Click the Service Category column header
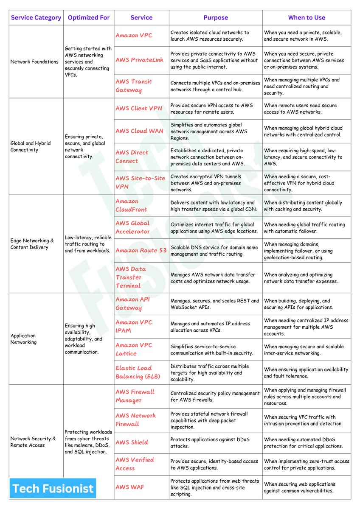(x=36, y=18)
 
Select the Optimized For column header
(x=89, y=18)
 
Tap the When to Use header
(x=307, y=18)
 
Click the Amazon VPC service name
(x=134, y=36)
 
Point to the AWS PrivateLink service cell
(x=139, y=60)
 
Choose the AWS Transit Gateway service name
(x=133, y=86)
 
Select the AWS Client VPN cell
(x=139, y=108)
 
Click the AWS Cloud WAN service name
(x=139, y=131)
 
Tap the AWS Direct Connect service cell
(x=132, y=157)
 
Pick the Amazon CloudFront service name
(x=131, y=205)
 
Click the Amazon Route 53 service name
(x=141, y=250)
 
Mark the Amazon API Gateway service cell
(x=132, y=304)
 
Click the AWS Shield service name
(x=132, y=442)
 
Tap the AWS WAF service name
(x=130, y=487)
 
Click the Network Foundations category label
(x=34, y=62)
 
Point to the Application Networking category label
(x=24, y=338)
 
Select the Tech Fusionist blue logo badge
(x=53, y=488)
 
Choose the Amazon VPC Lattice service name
(x=133, y=349)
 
